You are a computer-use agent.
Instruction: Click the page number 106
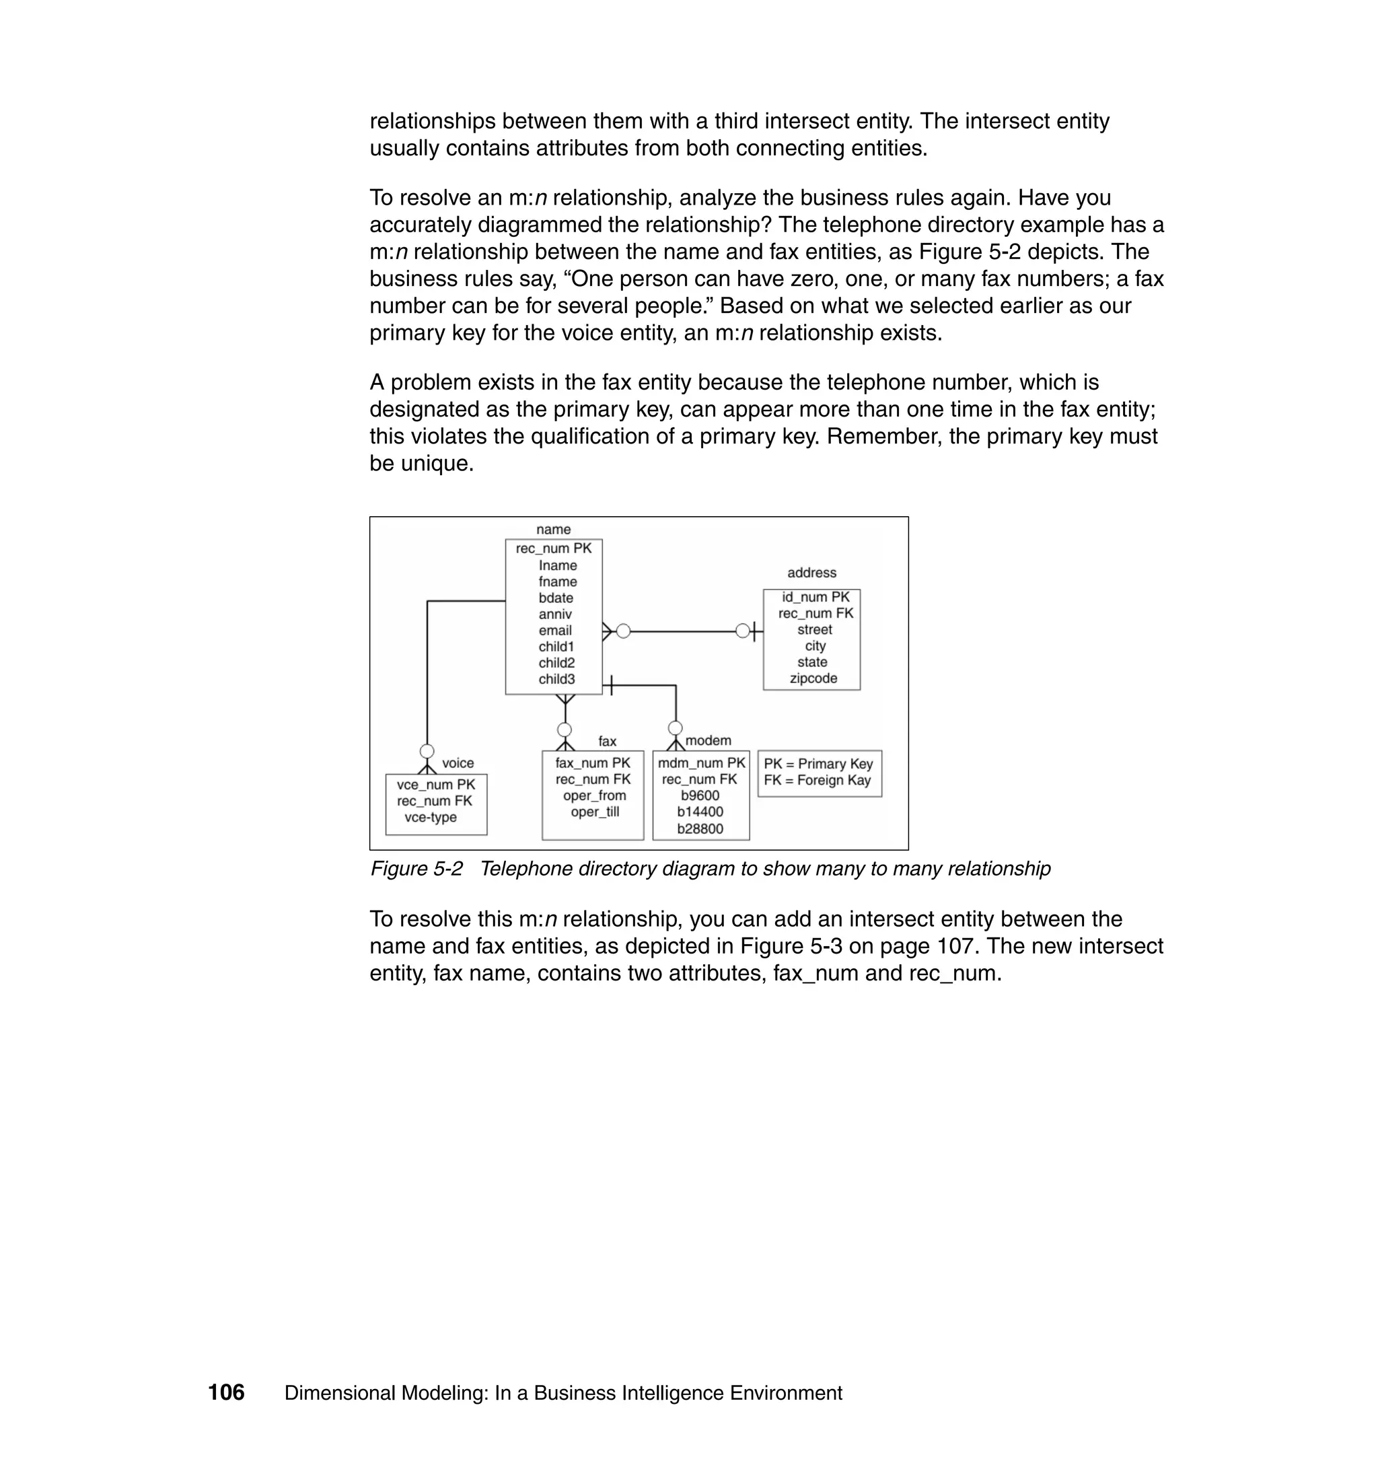[x=226, y=1392]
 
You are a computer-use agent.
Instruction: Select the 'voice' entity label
[x=458, y=763]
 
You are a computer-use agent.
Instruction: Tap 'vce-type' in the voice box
[x=431, y=817]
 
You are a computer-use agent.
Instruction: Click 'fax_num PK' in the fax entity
[x=592, y=762]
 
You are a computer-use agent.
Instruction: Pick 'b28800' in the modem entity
[x=700, y=828]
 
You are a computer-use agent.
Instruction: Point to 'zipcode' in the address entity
[x=813, y=678]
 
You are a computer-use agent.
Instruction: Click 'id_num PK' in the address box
[x=815, y=598]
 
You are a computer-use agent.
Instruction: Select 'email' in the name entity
[x=554, y=631]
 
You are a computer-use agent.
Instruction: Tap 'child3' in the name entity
[x=556, y=679]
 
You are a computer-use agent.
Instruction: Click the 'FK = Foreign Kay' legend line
[x=817, y=780]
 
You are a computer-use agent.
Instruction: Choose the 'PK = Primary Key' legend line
[x=818, y=763]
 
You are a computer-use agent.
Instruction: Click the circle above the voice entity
[x=427, y=751]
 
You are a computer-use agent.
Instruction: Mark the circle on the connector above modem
[x=675, y=728]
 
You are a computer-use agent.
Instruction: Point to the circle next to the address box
[x=743, y=631]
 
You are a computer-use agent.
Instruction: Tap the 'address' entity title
[x=811, y=572]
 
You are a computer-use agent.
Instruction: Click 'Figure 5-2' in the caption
[x=416, y=868]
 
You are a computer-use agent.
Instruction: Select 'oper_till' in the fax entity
[x=594, y=812]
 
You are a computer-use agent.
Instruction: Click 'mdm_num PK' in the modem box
[x=702, y=762]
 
